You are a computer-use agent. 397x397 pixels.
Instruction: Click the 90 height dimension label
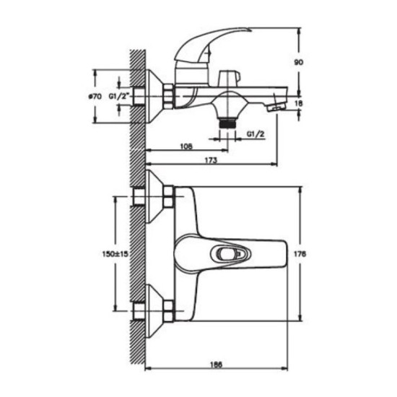click(299, 62)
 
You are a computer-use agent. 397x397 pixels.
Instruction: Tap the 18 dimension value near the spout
click(299, 103)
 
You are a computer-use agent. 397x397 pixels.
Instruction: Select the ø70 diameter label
click(95, 97)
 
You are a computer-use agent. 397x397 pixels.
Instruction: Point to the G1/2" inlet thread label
click(119, 96)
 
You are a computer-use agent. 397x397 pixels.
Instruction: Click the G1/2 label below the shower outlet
click(256, 134)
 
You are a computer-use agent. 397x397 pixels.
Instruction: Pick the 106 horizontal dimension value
click(186, 147)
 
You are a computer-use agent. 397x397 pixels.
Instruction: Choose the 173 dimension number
click(211, 160)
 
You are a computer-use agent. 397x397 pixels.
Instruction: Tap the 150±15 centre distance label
click(115, 253)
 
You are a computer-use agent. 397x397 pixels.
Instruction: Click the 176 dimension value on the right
click(300, 253)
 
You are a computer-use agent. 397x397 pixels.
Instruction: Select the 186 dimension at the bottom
click(217, 365)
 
